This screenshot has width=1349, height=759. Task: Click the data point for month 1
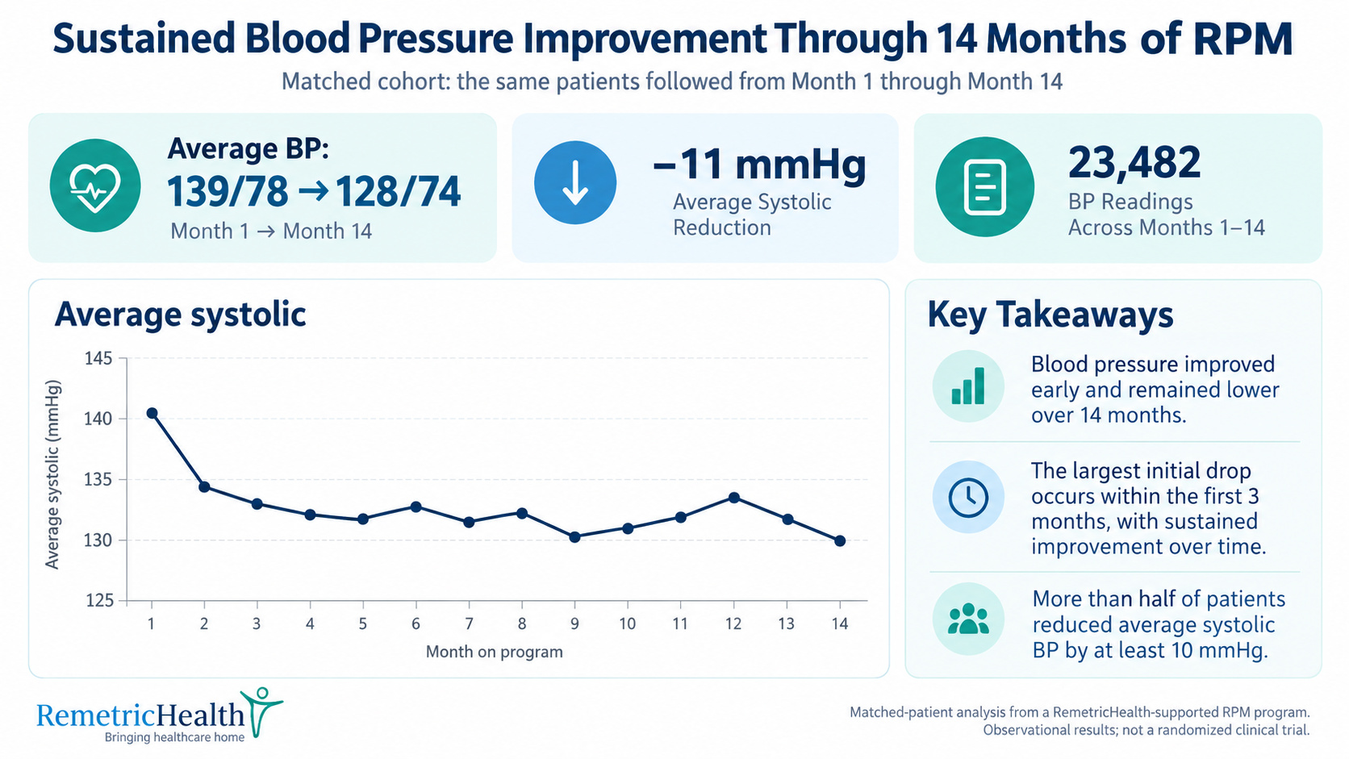click(x=152, y=413)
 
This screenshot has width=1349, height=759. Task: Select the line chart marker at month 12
click(x=733, y=498)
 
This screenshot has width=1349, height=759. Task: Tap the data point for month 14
click(x=840, y=541)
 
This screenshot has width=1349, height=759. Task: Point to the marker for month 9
click(x=574, y=537)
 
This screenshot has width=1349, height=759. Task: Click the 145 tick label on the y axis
click(x=98, y=359)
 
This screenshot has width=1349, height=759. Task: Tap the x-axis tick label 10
click(x=628, y=624)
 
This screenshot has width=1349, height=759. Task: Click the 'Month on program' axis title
click(x=494, y=652)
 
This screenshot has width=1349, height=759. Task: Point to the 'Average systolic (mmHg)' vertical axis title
click(x=53, y=474)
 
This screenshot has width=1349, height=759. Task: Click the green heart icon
click(x=95, y=186)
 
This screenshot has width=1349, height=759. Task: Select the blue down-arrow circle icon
click(x=575, y=182)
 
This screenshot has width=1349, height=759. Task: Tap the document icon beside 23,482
click(x=984, y=186)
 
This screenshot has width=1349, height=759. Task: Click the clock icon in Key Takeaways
click(x=968, y=497)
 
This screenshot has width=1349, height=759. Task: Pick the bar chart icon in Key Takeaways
click(x=968, y=386)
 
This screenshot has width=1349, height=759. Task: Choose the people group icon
click(x=968, y=619)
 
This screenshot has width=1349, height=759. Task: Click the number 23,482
click(x=1134, y=162)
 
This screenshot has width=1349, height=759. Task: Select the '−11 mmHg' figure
click(x=759, y=164)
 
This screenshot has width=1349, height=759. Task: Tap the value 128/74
click(x=398, y=192)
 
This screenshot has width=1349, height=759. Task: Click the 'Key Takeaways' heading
click(x=1050, y=315)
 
